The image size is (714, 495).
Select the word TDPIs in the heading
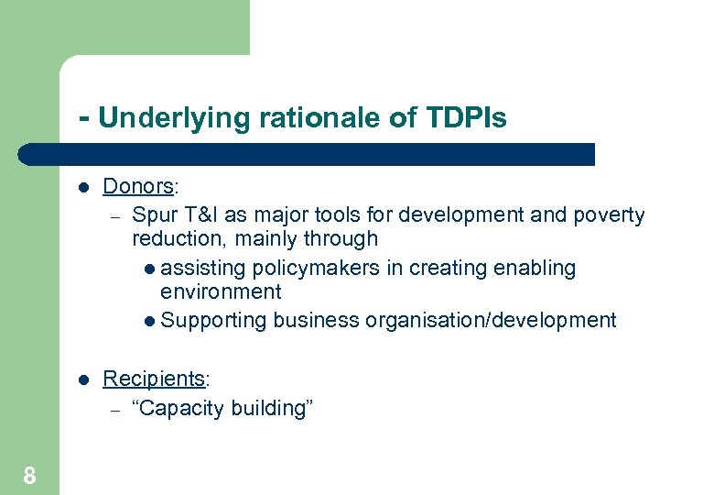coord(466,117)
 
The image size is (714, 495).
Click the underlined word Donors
coord(138,186)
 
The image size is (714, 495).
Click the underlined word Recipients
coord(154,379)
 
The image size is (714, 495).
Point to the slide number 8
coord(29,475)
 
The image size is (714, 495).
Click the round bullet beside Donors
coord(82,187)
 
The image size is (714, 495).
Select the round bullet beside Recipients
coord(82,379)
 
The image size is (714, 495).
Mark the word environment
coord(221,292)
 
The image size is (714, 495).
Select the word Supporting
coord(213,321)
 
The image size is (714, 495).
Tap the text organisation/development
coord(490,321)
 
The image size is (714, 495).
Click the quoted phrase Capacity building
coord(222,408)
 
